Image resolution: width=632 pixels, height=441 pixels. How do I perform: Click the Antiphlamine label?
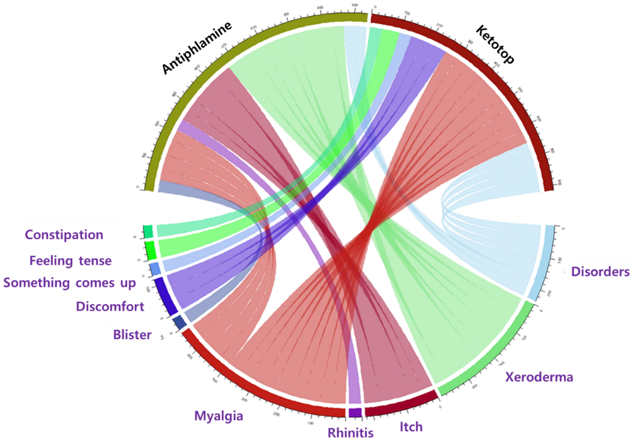[x=197, y=48]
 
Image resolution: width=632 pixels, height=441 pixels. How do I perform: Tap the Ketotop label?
[x=495, y=44]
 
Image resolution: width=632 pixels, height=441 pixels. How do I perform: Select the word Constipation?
[x=64, y=235]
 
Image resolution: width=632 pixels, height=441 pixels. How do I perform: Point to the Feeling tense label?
[x=70, y=261]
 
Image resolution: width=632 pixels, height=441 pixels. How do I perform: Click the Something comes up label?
[x=69, y=283]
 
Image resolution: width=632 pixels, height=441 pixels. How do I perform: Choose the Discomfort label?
[x=110, y=307]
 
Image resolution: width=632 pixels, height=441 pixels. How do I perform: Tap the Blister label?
[x=132, y=335]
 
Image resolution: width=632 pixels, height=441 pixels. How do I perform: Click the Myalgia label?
[x=219, y=416]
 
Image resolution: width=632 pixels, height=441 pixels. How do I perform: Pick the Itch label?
[x=411, y=427]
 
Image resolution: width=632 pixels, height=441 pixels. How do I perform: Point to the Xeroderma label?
[x=539, y=377]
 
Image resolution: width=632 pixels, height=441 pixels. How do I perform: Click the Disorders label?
[x=600, y=272]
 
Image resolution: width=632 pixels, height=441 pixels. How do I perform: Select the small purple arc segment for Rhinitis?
[x=355, y=413]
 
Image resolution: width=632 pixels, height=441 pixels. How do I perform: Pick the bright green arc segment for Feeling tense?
[x=151, y=251]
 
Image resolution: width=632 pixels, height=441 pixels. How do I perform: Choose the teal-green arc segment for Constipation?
[x=148, y=232]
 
